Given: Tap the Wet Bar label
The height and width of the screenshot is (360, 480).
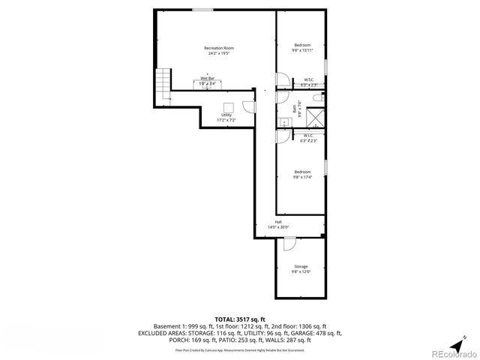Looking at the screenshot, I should [x=208, y=78].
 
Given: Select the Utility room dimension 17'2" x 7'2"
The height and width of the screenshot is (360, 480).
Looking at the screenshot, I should [x=226, y=120].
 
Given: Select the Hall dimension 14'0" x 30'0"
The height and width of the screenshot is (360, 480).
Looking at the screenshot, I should [x=277, y=227].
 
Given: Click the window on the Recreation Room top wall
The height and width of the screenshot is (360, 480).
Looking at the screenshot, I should [x=202, y=9].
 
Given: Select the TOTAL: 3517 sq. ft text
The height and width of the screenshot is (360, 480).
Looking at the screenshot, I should [x=239, y=319].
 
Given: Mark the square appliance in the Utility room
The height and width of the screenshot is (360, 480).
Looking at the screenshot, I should [x=228, y=106].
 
